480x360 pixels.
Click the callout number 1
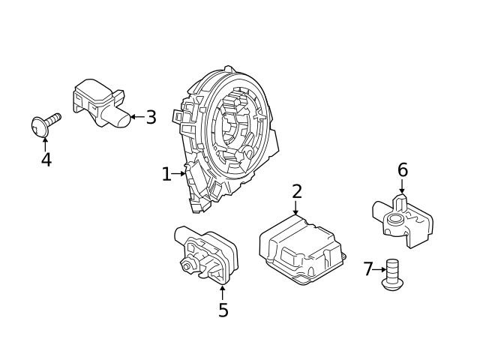tap(166, 175)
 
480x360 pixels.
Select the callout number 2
tap(297, 191)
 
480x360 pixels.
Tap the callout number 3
tap(151, 117)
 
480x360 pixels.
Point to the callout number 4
tap(46, 160)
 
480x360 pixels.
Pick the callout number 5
tap(223, 310)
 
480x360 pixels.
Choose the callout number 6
tap(403, 170)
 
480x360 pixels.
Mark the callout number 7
tap(368, 269)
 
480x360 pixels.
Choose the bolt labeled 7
tap(391, 275)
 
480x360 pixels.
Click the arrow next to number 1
tap(180, 175)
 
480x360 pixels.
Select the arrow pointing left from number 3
tap(136, 117)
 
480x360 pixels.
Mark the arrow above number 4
tap(46, 142)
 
